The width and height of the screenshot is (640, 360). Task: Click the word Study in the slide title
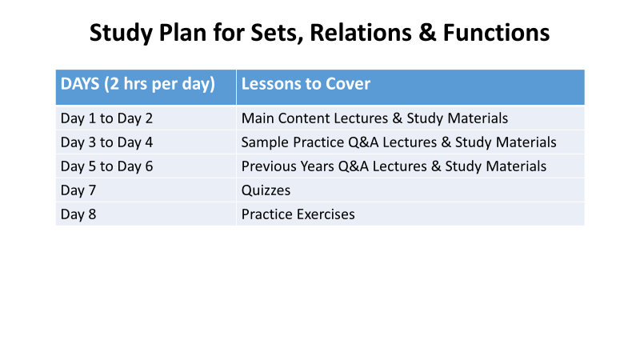pos(121,34)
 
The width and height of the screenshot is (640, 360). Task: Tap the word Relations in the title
pos(361,33)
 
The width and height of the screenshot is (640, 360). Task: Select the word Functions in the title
pos(496,33)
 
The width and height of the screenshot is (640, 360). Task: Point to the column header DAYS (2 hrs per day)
pos(138,84)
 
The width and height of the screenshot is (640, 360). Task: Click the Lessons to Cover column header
pos(306,84)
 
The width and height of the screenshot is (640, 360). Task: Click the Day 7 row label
pos(78,190)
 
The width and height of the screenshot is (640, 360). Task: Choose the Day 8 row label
pos(78,214)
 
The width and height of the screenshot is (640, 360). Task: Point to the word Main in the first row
pos(258,118)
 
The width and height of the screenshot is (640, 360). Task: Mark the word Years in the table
pos(317,166)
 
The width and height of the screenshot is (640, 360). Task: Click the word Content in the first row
pos(304,118)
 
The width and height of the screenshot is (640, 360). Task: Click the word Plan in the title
pos(182,33)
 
